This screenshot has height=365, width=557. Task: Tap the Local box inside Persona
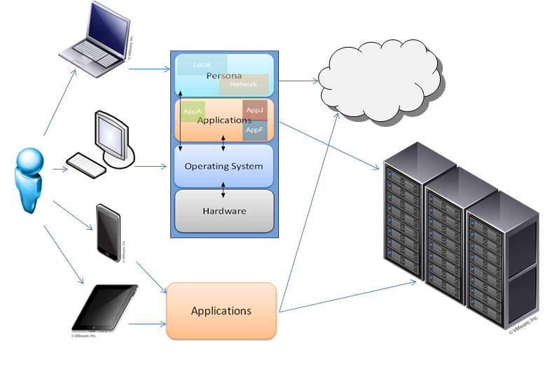coord(201,65)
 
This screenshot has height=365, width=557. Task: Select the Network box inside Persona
coord(244,84)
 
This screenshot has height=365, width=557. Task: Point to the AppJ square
coord(254,111)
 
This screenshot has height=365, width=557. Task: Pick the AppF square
coord(254,130)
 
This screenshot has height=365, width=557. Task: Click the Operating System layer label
coord(224,166)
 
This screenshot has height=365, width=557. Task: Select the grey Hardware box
coord(224,210)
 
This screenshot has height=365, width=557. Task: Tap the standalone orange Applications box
coord(221,310)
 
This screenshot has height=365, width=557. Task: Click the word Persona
coord(224,75)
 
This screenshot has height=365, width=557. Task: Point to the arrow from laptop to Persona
coord(151,69)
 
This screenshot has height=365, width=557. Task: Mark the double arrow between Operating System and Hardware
coord(224,189)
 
